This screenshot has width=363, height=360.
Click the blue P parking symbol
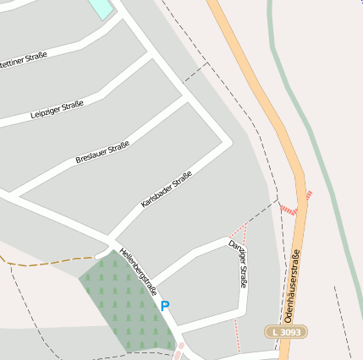click(165, 306)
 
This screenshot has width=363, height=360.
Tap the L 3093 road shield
click(286, 332)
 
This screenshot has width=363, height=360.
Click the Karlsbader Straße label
click(167, 190)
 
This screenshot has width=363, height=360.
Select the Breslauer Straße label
click(102, 153)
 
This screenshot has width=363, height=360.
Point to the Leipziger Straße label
click(57, 110)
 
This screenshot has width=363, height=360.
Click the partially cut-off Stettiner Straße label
click(21, 60)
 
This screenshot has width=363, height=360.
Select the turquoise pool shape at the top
click(100, 8)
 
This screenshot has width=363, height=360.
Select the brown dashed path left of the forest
click(51, 263)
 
